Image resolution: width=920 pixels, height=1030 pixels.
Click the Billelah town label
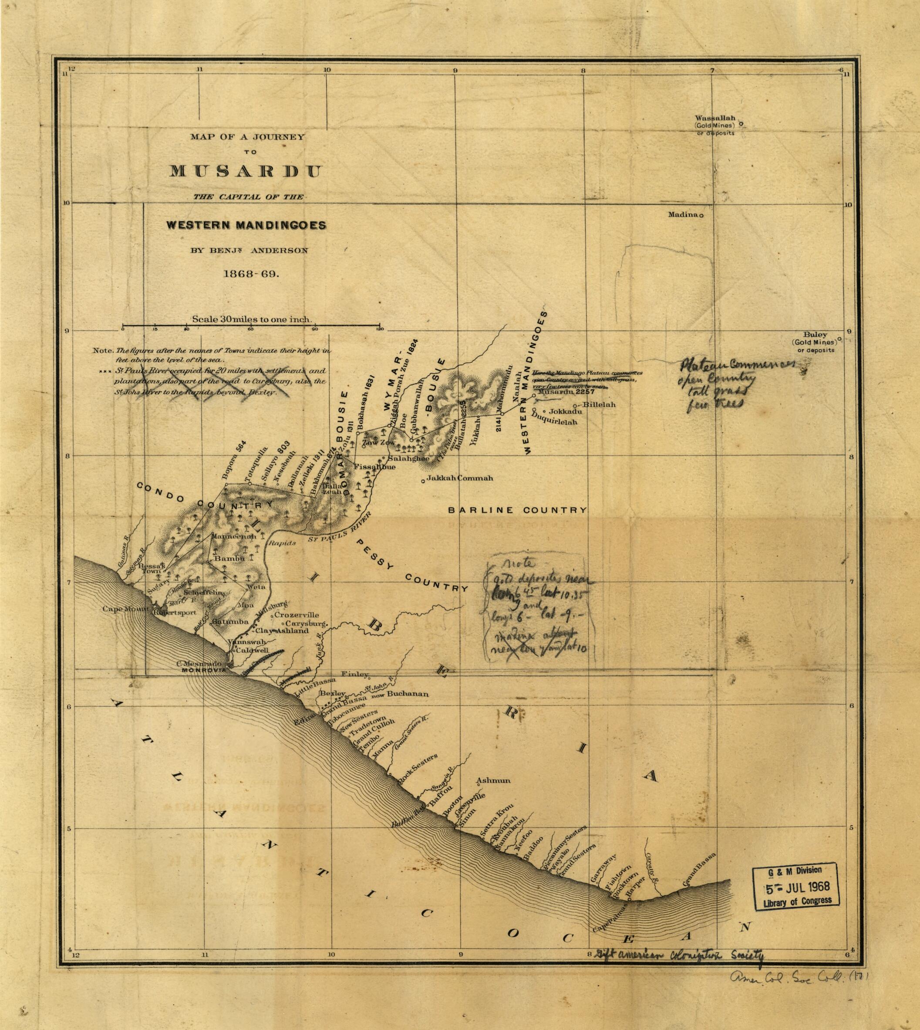(599, 405)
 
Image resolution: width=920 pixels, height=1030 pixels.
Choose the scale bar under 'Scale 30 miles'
(251, 325)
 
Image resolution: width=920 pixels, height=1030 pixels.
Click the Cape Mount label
(126, 609)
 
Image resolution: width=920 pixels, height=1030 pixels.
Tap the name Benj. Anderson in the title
(249, 250)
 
